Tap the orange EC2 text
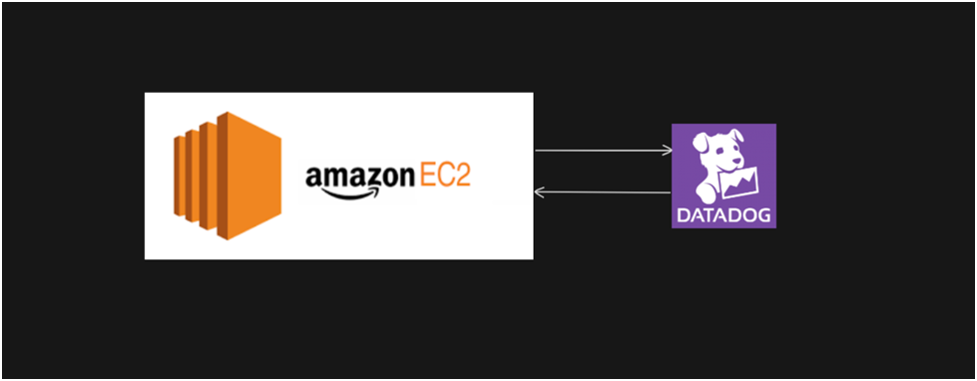444,177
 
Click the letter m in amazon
333,180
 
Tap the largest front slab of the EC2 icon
249,177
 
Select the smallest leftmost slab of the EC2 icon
180,177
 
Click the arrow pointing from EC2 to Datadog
603,151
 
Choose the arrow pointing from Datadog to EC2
603,191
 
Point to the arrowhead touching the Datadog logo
668,151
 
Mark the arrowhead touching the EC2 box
539,191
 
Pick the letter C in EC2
443,177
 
